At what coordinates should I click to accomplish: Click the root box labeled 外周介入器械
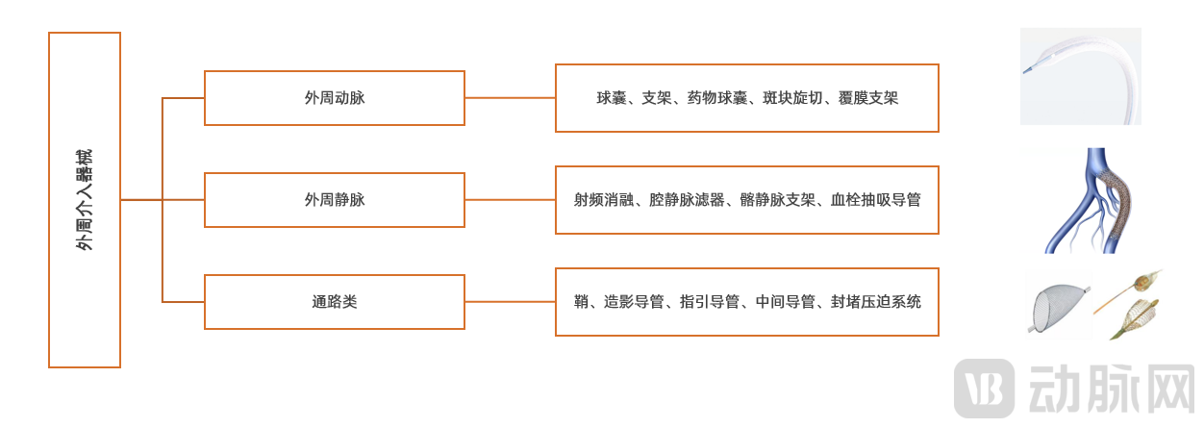click(x=85, y=200)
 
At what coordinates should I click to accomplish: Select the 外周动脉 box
click(x=335, y=98)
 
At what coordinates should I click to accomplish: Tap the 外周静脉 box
click(x=335, y=200)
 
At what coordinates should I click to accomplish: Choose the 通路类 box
click(x=335, y=302)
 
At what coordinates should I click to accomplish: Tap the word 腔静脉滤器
click(x=687, y=200)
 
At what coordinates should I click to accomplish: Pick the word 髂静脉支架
click(x=777, y=200)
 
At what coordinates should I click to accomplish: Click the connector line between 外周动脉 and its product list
click(x=510, y=98)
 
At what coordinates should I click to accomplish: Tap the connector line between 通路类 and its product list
click(x=510, y=302)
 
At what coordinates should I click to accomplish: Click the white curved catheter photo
click(x=1080, y=76)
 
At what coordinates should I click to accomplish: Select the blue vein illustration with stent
click(x=1091, y=200)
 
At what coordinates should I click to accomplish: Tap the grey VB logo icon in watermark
click(x=983, y=388)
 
